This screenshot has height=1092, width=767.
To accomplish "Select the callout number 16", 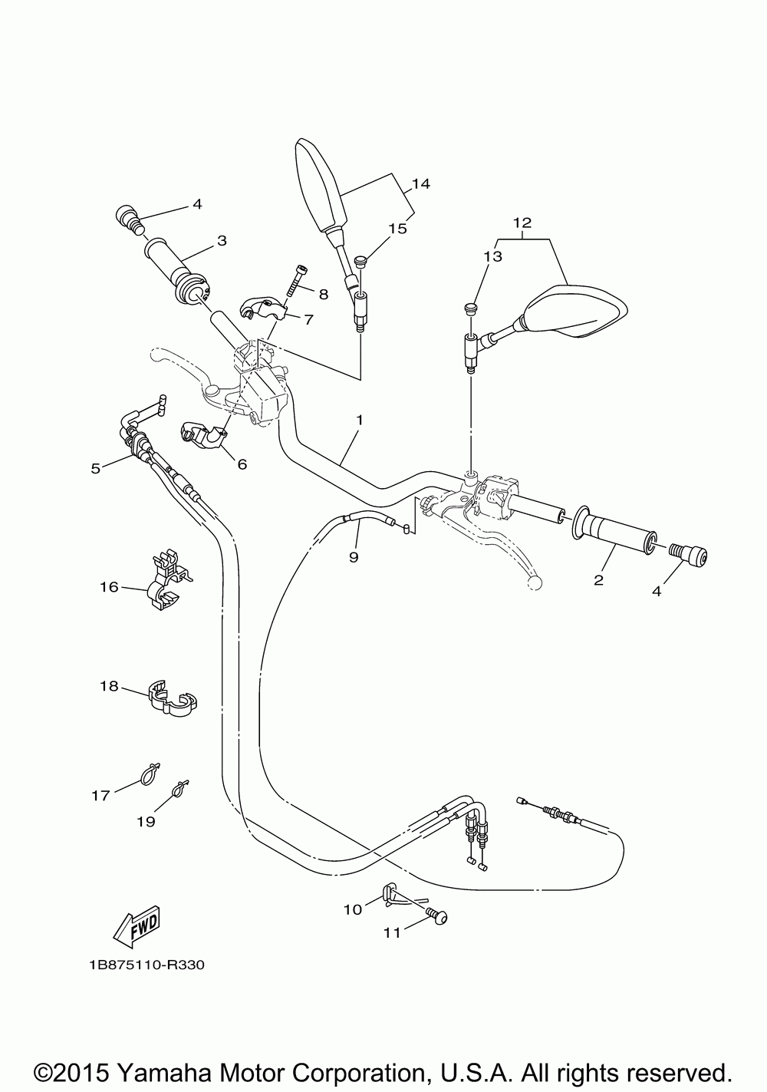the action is click(x=110, y=587).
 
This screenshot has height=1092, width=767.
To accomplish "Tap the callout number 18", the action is click(x=109, y=686).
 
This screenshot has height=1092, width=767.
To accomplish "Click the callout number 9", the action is click(x=354, y=556).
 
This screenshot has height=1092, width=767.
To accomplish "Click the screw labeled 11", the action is click(x=436, y=917).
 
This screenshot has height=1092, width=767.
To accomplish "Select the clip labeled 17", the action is click(x=149, y=774).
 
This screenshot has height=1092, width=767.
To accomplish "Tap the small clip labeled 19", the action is click(x=181, y=788).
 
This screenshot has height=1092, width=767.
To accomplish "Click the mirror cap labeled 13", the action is click(x=470, y=308).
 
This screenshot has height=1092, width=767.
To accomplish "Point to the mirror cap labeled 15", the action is click(x=361, y=262).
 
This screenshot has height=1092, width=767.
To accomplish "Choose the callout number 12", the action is click(x=522, y=223).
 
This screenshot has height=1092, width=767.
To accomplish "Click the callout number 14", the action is click(x=422, y=184).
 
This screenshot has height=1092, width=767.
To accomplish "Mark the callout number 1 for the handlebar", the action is click(x=360, y=419).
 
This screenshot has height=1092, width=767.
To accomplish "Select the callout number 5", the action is click(x=96, y=468).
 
